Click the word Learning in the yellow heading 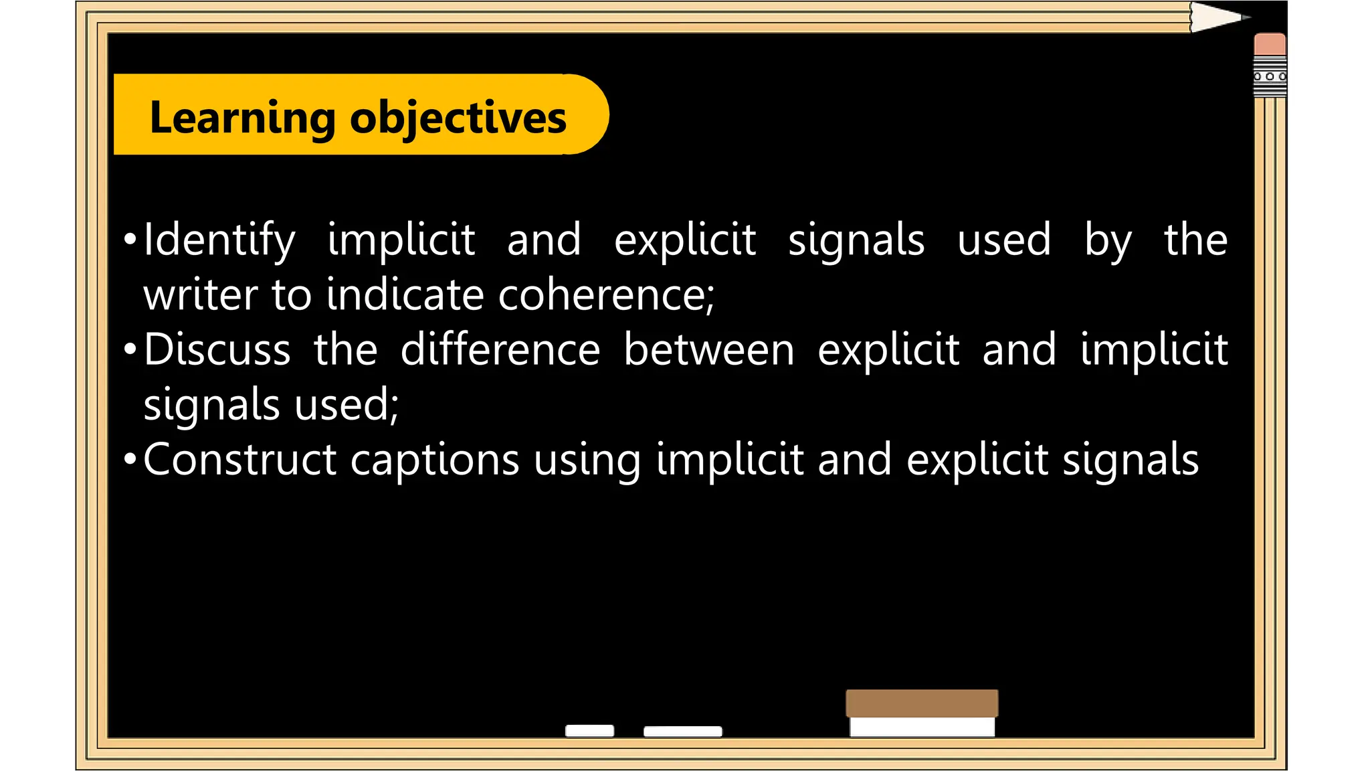click(x=241, y=118)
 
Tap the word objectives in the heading click(x=458, y=118)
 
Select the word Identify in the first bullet click(x=219, y=240)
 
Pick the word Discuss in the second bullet click(x=217, y=350)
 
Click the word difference click(x=500, y=350)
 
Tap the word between click(x=709, y=350)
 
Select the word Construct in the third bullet click(x=239, y=460)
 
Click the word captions click(x=435, y=461)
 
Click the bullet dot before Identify click(x=130, y=240)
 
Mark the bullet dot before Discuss click(x=130, y=349)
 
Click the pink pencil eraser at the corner click(x=1270, y=45)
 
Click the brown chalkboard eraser click(x=922, y=704)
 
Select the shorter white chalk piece click(x=589, y=731)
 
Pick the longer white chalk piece click(x=682, y=732)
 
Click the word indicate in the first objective click(x=405, y=295)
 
